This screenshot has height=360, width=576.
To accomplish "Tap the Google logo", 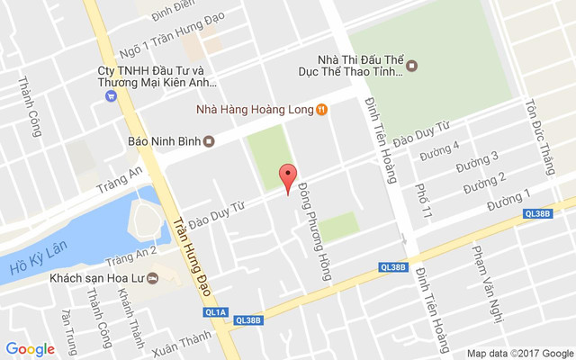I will pyautogui.click(x=30, y=349).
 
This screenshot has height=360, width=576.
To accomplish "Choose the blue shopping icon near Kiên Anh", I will pyautogui.click(x=111, y=94).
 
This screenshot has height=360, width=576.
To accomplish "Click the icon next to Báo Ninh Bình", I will pyautogui.click(x=209, y=140).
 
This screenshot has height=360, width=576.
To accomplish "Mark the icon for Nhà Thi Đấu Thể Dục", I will pyautogui.click(x=412, y=65).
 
